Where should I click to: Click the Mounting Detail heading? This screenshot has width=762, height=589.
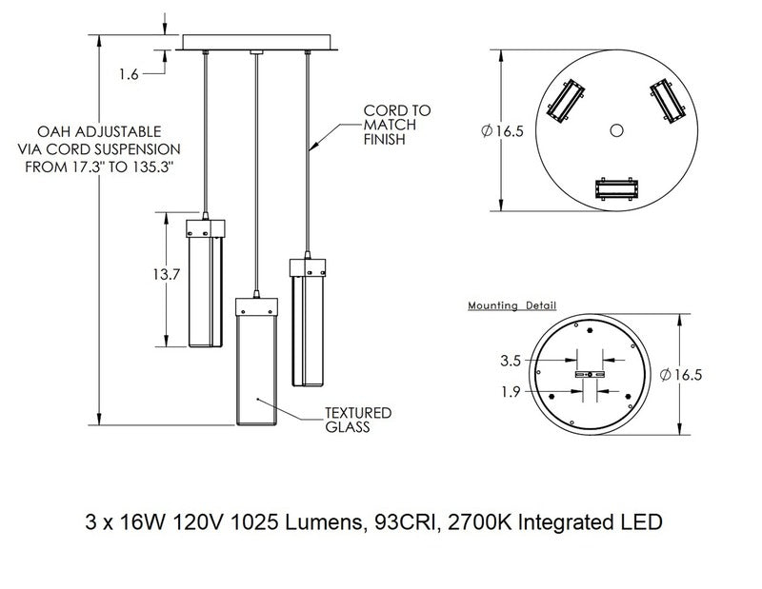click(x=511, y=305)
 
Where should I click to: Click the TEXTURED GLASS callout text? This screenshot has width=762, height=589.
click(x=358, y=420)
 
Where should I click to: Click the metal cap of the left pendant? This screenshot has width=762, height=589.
click(x=205, y=226)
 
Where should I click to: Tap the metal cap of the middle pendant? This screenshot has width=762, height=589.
click(x=255, y=305)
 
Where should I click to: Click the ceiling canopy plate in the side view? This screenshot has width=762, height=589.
click(x=257, y=44)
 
